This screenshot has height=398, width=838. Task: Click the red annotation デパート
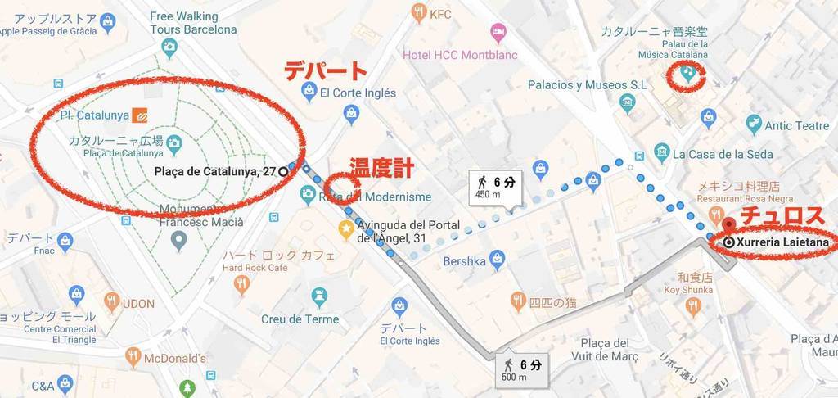click(326, 70)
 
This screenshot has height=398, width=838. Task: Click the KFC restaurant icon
click(420, 12)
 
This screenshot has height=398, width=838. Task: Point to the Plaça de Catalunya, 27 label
click(214, 171)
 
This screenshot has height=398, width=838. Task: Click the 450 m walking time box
click(492, 187)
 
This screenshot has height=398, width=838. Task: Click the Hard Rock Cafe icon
click(241, 284)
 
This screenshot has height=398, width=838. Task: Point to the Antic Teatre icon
click(754, 125)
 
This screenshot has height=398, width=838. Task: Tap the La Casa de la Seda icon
click(661, 153)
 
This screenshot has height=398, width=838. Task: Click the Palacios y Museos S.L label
click(588, 84)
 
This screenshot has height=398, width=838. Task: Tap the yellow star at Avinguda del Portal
click(348, 228)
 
